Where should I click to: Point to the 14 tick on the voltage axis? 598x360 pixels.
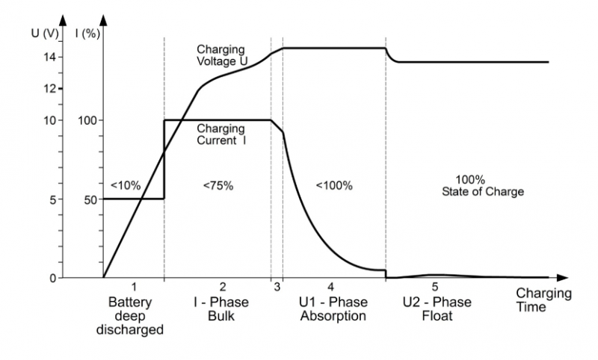tap(51, 57)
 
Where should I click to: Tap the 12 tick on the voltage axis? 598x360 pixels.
tap(51, 88)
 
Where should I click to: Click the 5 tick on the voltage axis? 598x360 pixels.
tap(55, 199)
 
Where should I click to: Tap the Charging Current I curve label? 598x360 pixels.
tap(221, 134)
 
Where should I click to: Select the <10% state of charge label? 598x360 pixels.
tap(125, 185)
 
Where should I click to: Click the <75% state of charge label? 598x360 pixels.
tap(218, 185)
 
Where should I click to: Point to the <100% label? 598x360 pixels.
tap(333, 185)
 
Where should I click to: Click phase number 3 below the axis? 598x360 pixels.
tap(277, 286)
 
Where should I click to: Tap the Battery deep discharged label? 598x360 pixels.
tap(133, 316)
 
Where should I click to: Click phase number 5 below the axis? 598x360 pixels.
tap(434, 286)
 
